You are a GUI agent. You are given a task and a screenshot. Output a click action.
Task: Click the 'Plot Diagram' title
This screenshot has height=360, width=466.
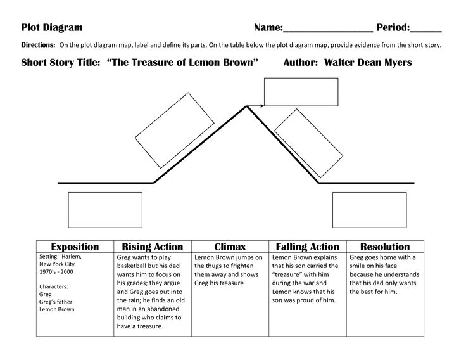[x=52, y=27]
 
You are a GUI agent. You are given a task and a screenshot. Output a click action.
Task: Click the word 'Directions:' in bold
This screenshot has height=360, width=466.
[x=38, y=46]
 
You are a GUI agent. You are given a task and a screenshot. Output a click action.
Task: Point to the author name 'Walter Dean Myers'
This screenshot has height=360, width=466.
[x=367, y=63]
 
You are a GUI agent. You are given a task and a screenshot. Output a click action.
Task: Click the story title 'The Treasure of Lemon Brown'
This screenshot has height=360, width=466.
[x=184, y=63]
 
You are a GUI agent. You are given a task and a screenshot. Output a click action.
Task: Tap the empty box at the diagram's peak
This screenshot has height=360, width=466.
[x=292, y=91]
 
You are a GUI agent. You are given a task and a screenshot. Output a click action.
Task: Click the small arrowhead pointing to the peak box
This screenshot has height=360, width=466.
[x=260, y=105]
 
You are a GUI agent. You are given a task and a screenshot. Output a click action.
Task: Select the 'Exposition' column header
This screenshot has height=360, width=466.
[x=75, y=247]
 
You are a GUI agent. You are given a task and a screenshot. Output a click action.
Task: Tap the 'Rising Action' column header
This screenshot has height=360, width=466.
[x=152, y=247]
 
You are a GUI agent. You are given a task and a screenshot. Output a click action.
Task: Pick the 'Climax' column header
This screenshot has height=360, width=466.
[x=230, y=247]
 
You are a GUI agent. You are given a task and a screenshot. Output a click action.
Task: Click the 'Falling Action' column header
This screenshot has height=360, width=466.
[x=308, y=247]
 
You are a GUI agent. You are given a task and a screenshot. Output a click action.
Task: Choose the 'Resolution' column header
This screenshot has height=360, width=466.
[x=385, y=247]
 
